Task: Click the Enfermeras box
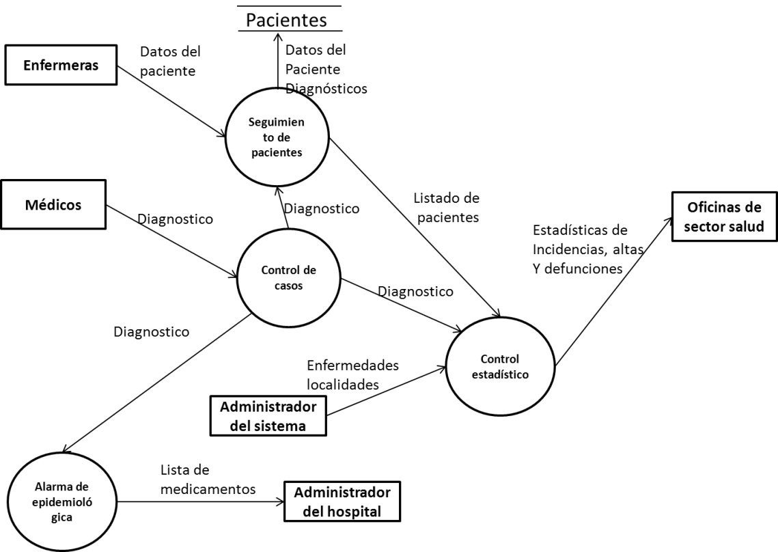point(60,66)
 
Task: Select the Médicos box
point(53,204)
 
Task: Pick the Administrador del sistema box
point(268,416)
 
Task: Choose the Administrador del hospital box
point(342,501)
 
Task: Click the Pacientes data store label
point(287,20)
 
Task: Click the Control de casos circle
point(288,277)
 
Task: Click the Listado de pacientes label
point(447,208)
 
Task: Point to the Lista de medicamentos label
point(208,480)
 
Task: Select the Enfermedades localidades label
point(352,375)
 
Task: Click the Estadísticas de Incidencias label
point(587,249)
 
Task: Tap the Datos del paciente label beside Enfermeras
point(169,61)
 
